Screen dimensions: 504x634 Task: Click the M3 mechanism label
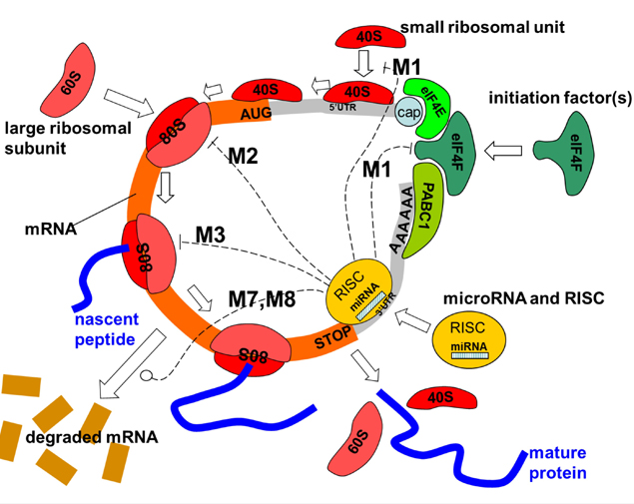212,235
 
